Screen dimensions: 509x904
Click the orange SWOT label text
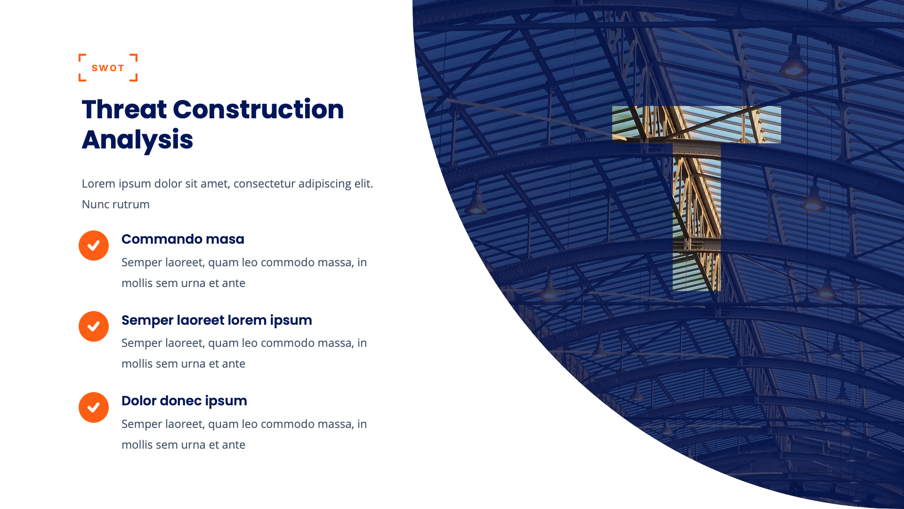coord(108,68)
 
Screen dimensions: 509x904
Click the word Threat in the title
coord(124,110)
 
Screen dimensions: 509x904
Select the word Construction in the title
coord(258,110)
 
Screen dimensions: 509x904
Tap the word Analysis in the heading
coord(137,140)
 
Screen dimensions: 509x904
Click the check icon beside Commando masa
coord(94,246)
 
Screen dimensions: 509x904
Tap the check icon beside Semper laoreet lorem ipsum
coord(94,326)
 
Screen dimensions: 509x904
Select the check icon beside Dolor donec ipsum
coord(94,407)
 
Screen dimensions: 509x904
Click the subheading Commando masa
coord(183,239)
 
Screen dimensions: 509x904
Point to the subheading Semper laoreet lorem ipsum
coord(217,320)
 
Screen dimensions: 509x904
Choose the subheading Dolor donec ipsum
coord(184,401)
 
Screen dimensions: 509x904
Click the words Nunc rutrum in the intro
coord(116,205)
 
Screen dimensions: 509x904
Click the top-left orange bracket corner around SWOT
coord(81,56)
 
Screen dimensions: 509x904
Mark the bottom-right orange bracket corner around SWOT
coord(135,79)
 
